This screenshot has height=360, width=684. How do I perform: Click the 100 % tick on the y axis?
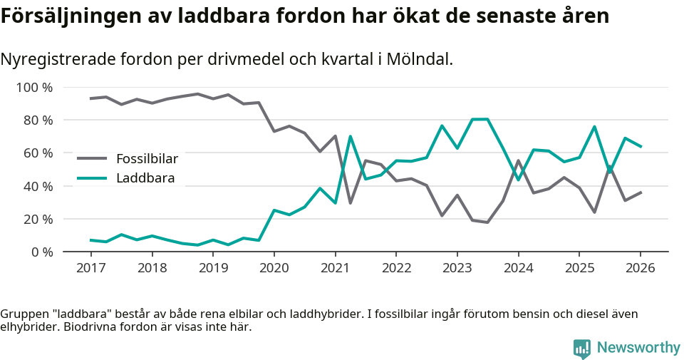pos(35,88)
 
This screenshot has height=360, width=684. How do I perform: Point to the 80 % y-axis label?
pos(38,120)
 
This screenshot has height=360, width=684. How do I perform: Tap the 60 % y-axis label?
pos(38,153)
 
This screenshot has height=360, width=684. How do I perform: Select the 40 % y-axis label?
pos(38,186)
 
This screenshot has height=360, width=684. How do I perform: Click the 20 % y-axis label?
pos(38,219)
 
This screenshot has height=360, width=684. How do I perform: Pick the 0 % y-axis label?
pos(41,252)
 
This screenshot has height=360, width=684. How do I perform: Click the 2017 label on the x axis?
pos(91,268)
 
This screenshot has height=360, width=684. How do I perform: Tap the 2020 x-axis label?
pos(274,268)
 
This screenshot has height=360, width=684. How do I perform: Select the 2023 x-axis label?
pos(457,268)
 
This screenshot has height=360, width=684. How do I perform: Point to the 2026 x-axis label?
pos(640,268)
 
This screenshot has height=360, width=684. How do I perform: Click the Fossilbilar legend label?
pos(147,158)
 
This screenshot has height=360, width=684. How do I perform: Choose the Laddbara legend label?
pos(145,178)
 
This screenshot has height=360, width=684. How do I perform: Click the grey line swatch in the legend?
pos(92,158)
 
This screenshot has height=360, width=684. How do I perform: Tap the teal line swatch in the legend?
pos(92,178)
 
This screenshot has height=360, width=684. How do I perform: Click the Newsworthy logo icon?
pos(582,348)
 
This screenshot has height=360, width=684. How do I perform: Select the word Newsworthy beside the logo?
pos(638,348)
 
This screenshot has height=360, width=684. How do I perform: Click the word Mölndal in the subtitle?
pos(420,59)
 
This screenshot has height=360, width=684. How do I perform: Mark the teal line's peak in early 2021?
pos(350,136)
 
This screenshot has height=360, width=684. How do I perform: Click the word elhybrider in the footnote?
pos(29,327)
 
